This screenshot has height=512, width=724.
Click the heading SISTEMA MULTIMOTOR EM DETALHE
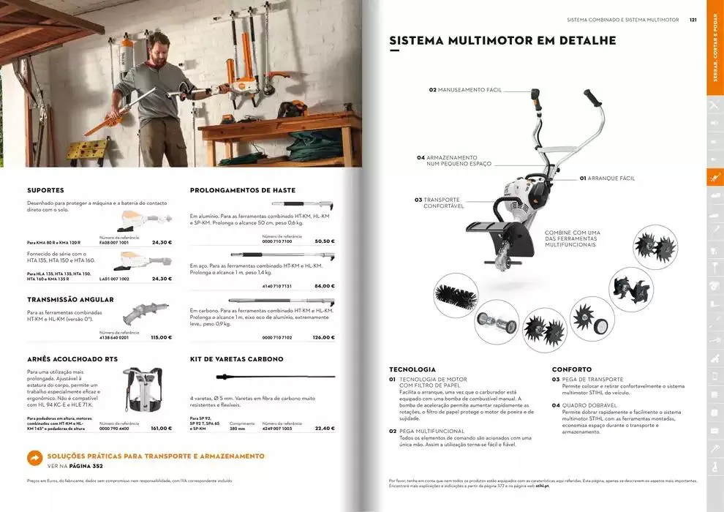[502, 40]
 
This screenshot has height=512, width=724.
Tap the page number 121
[693, 20]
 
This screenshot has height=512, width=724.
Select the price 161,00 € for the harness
[161, 429]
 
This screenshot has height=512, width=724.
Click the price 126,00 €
[323, 337]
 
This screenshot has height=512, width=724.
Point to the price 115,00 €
[161, 337]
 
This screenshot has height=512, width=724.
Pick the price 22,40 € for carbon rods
[324, 429]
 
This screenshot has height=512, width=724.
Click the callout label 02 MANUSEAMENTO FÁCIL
[465, 90]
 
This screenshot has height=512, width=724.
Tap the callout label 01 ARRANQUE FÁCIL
[607, 178]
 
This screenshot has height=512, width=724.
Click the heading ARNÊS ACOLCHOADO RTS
[72, 359]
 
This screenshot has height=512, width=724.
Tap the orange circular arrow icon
[34, 457]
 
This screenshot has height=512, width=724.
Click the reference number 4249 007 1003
[277, 429]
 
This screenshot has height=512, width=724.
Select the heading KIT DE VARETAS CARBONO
[236, 359]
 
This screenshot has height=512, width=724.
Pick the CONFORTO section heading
[571, 369]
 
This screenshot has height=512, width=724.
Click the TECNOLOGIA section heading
[412, 369]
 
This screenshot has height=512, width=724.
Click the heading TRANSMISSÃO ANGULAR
[70, 299]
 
